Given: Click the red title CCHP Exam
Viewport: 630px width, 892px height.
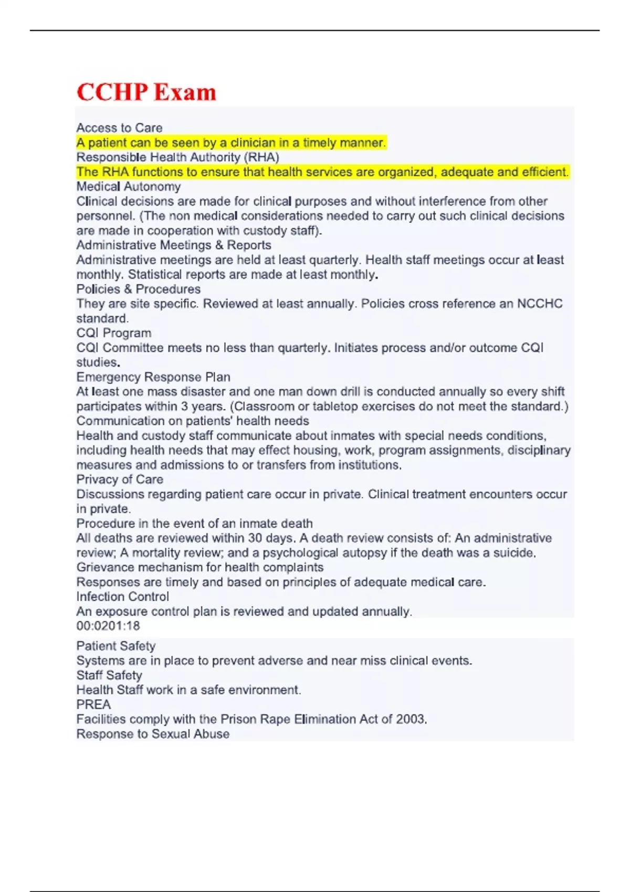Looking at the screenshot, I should tap(146, 92).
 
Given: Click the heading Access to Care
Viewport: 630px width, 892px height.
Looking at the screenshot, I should tap(119, 128).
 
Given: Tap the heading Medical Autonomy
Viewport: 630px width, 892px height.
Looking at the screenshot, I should tap(129, 186).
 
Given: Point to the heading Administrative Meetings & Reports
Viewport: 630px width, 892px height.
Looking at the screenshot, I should tap(174, 245).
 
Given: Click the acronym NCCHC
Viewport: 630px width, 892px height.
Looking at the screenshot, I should tap(540, 304).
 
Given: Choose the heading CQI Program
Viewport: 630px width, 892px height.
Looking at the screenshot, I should tap(114, 333).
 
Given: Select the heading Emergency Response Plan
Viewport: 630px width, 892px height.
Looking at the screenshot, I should tap(153, 377).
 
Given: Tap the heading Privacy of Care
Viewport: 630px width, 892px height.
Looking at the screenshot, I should tap(120, 479).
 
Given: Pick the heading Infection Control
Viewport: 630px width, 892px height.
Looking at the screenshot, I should tap(123, 597).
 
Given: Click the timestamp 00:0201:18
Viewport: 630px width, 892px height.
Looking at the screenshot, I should tap(108, 625).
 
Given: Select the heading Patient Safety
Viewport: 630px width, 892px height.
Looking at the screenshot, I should tap(116, 646).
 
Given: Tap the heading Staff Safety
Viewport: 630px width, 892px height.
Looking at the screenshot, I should tap(109, 675).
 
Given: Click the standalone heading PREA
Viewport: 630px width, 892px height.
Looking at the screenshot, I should tap(93, 705).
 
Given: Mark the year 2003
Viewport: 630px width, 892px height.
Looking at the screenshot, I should tap(411, 719).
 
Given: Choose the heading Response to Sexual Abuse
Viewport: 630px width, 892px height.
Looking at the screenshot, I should tap(153, 734).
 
